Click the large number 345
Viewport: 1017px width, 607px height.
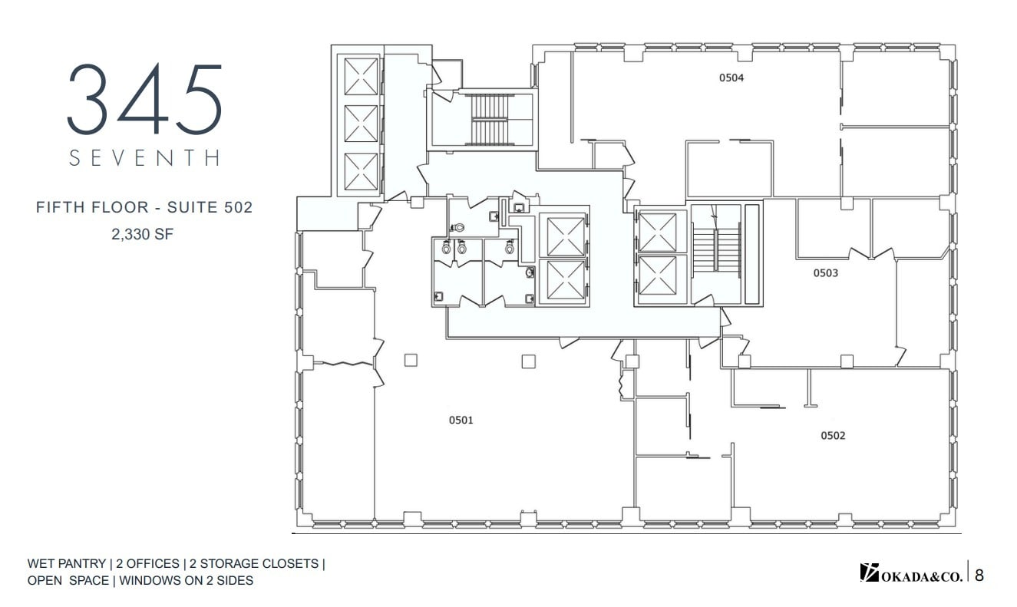tap(144, 100)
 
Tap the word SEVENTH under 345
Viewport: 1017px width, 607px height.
tap(144, 158)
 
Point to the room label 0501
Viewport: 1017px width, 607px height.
tap(461, 420)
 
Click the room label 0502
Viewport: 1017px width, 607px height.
tap(833, 436)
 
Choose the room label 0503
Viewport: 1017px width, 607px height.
tap(826, 273)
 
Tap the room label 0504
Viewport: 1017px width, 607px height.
tap(731, 78)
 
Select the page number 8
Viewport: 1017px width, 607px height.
tap(979, 573)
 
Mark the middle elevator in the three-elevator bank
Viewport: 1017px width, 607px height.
tap(361, 124)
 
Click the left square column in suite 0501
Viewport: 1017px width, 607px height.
tap(411, 359)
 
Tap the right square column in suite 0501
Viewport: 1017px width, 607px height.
tap(528, 361)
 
